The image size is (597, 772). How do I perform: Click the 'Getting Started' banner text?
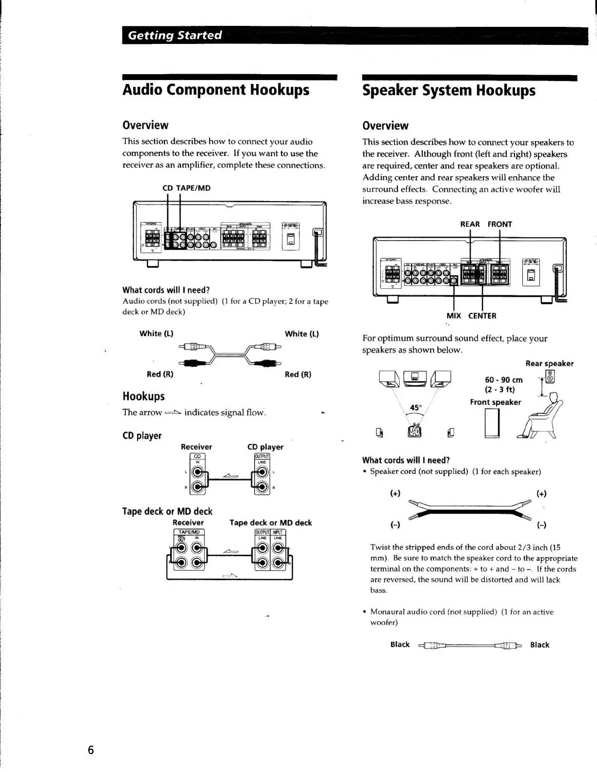pyautogui.click(x=175, y=36)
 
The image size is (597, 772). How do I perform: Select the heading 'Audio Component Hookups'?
pyautogui.click(x=216, y=90)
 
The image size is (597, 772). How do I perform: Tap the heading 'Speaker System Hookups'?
pyautogui.click(x=449, y=91)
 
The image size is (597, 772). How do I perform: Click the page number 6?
pyautogui.click(x=91, y=750)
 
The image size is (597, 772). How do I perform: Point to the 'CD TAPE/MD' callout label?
pyautogui.click(x=186, y=188)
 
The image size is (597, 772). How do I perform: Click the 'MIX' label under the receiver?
pyautogui.click(x=454, y=316)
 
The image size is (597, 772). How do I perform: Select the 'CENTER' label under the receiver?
pyautogui.click(x=482, y=316)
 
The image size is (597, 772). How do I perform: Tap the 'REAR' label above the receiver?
pyautogui.click(x=470, y=224)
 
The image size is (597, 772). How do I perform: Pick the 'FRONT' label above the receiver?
pyautogui.click(x=499, y=224)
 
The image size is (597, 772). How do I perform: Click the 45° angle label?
pyautogui.click(x=416, y=407)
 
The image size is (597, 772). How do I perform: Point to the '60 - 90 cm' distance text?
pyautogui.click(x=503, y=380)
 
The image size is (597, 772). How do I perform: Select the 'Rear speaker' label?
pyautogui.click(x=549, y=364)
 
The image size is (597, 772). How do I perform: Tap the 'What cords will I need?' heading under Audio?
pyautogui.click(x=166, y=290)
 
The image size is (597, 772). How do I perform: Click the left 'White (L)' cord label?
pyautogui.click(x=156, y=334)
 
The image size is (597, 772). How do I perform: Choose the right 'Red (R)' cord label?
pyautogui.click(x=298, y=374)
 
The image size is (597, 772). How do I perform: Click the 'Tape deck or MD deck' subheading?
pyautogui.click(x=167, y=511)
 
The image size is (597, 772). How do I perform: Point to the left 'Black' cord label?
pyautogui.click(x=400, y=645)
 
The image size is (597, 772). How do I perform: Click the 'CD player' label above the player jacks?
pyautogui.click(x=265, y=447)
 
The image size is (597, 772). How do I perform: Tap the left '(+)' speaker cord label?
pyautogui.click(x=395, y=493)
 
